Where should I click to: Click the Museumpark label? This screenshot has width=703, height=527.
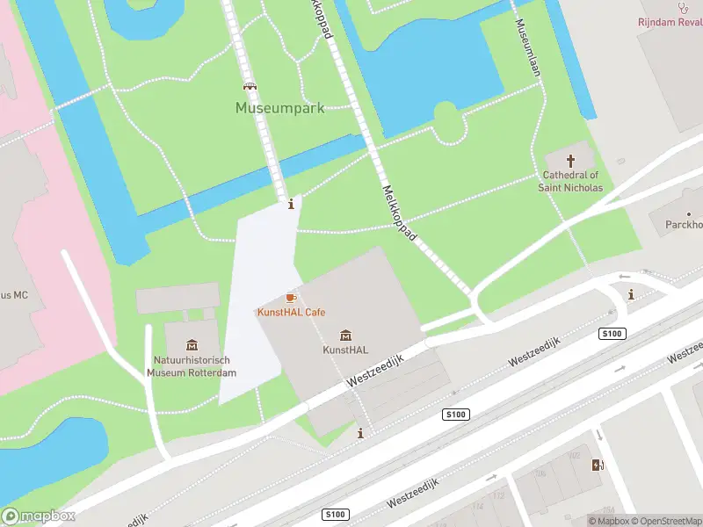coord(279,108)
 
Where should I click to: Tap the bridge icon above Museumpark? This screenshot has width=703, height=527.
coord(250,87)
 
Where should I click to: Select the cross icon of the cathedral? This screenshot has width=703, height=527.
coord(571,161)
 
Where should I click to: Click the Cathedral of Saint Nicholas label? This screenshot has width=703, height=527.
coord(571,181)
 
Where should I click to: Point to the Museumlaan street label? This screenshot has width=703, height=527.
coord(528,48)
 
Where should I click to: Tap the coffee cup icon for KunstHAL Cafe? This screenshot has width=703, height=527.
coord(291,299)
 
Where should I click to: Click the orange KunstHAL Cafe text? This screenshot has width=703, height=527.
coord(291,313)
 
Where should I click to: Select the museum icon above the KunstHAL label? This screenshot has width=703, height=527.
coord(345,335)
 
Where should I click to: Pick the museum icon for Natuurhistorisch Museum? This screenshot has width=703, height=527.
coord(192,345)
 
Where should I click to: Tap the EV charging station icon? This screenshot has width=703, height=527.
coord(598,466)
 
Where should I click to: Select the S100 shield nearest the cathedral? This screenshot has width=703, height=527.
coord(612,333)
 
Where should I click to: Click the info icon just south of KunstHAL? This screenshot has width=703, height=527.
coord(360,433)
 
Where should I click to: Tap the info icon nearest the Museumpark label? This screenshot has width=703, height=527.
coord(292,204)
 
